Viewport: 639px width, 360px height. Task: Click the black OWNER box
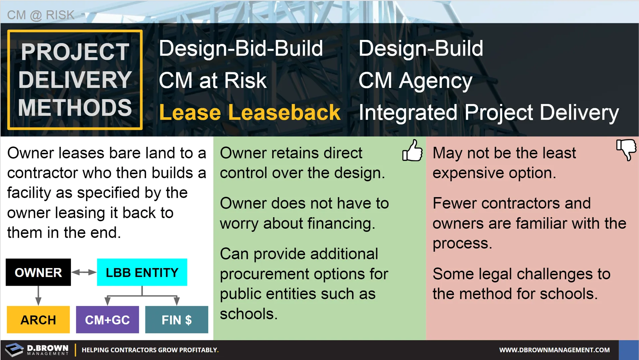(38, 272)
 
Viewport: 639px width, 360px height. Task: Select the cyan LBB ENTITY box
(142, 272)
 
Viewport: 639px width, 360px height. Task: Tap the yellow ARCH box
(38, 320)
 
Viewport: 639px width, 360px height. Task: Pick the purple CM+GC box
(107, 320)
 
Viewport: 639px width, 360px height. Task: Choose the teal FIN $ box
(177, 320)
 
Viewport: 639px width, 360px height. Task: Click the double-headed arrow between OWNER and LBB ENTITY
(84, 272)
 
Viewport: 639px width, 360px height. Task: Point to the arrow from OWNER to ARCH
(38, 296)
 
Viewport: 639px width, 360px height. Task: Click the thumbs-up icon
(412, 150)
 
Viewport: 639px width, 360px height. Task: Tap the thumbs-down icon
(626, 150)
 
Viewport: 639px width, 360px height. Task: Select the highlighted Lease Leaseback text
(250, 112)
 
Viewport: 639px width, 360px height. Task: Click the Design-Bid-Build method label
(241, 48)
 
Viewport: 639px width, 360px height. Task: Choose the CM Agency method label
(415, 81)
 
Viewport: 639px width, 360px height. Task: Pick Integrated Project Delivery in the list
(489, 113)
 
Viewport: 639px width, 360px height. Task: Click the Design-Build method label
(421, 48)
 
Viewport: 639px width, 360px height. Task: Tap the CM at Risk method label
(213, 80)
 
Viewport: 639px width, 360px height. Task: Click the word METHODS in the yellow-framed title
(75, 107)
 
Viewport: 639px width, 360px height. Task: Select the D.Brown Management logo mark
(14, 350)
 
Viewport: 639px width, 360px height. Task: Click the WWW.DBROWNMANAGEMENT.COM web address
(554, 350)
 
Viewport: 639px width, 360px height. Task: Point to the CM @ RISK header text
(41, 15)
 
